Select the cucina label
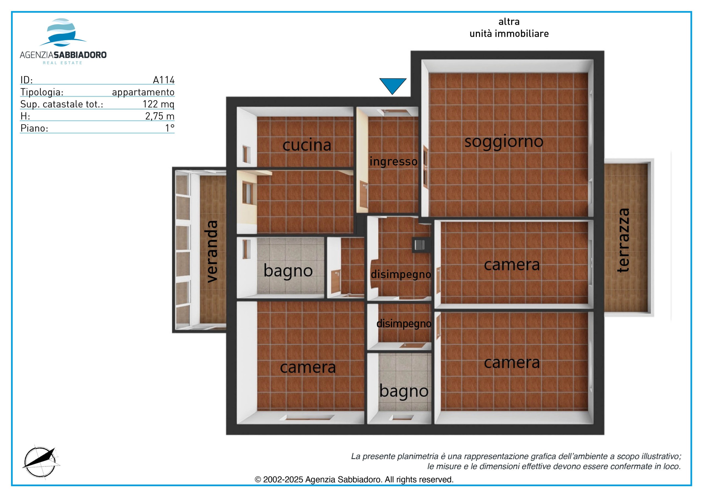(x=307, y=145)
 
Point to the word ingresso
(x=394, y=162)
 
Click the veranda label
(x=212, y=251)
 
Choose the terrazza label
(x=623, y=240)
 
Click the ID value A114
(x=164, y=80)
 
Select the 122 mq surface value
(x=158, y=104)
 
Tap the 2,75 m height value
(x=160, y=116)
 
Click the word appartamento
(x=143, y=92)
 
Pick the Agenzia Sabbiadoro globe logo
(x=63, y=32)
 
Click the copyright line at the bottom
(x=354, y=480)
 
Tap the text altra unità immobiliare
(x=509, y=28)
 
